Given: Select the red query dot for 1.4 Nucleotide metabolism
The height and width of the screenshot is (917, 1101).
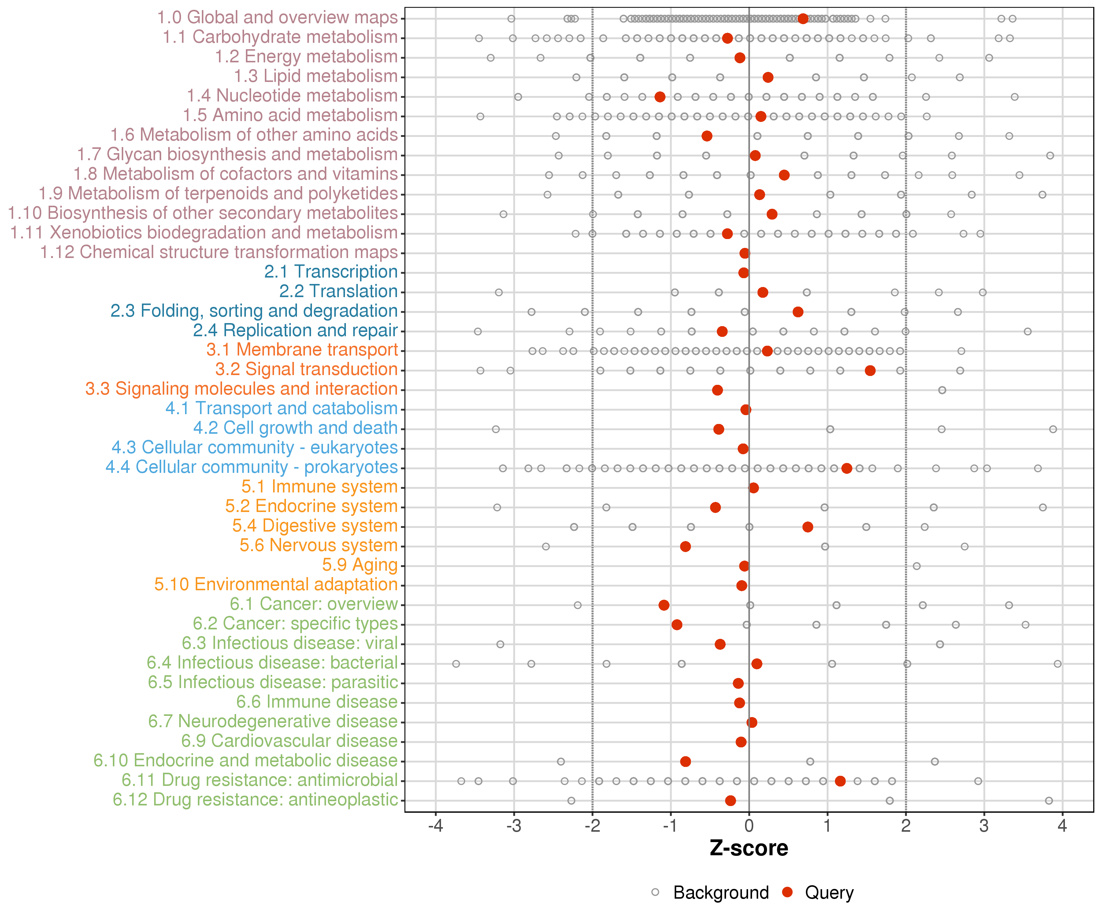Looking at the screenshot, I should (660, 97).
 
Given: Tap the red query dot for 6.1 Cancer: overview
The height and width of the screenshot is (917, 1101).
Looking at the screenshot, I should (664, 605).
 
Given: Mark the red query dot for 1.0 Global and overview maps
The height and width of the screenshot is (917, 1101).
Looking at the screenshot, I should (803, 19).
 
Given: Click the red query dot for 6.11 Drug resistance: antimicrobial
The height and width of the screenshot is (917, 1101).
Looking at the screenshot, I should (840, 781).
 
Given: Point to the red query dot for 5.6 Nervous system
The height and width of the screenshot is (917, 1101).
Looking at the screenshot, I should (685, 547).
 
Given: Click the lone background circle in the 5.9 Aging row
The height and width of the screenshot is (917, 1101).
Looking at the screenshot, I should (917, 566).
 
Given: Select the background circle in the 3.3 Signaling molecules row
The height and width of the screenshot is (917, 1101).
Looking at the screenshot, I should (942, 390).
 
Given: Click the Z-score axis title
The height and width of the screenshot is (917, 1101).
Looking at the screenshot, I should (749, 848).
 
